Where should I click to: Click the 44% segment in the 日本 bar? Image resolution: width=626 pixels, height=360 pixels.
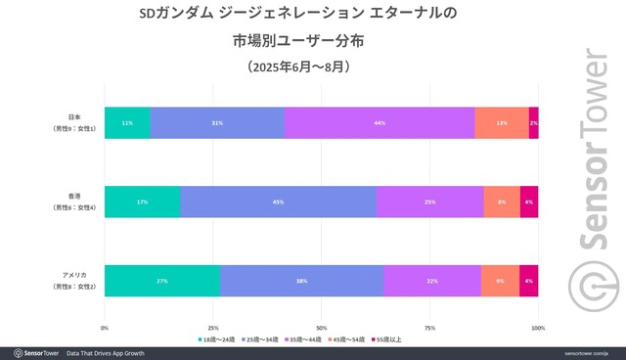tap(380, 123)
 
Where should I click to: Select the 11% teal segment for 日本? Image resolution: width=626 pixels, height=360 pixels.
tap(127, 123)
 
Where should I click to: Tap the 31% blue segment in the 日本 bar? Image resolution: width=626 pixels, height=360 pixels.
tap(217, 123)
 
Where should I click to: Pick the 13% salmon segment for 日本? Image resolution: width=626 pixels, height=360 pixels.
tap(502, 123)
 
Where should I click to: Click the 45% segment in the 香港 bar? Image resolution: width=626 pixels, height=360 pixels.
tap(279, 202)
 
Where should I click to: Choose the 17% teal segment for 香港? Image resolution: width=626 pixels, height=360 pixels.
tap(142, 202)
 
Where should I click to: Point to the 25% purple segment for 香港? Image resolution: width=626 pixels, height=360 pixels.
tap(430, 202)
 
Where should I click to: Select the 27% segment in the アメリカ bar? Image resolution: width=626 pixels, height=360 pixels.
tap(162, 281)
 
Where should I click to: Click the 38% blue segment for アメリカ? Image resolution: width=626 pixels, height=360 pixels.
tap(302, 281)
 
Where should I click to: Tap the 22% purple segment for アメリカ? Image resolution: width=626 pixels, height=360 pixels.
tap(432, 281)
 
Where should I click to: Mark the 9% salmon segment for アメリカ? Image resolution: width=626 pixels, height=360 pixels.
tap(500, 281)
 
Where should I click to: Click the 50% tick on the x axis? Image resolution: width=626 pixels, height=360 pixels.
tap(321, 328)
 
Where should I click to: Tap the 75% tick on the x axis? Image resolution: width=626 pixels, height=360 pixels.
tap(429, 328)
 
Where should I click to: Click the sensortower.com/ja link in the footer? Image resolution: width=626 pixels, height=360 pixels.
tap(588, 352)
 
